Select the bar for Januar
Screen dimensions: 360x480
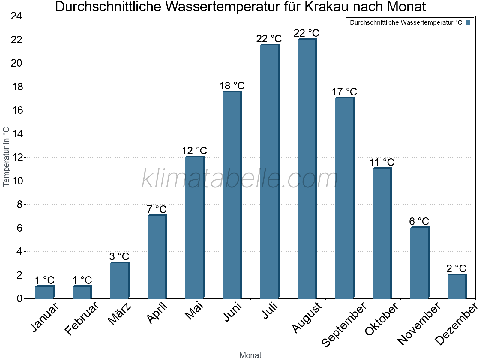click(44, 292)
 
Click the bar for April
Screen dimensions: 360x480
click(157, 257)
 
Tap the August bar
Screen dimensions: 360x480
click(307, 169)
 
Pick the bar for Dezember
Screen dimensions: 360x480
click(457, 286)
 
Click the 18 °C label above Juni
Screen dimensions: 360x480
click(232, 86)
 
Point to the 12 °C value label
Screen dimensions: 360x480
click(194, 151)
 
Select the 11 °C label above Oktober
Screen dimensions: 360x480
click(382, 163)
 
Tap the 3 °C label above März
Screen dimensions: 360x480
click(119, 257)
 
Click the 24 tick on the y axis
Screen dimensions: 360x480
click(16, 16)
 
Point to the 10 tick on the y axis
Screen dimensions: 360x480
click(16, 181)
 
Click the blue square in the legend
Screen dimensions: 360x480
click(469, 22)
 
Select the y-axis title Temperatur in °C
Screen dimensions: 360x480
click(6, 157)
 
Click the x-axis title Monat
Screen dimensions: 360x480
click(250, 355)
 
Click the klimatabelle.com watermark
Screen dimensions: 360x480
click(240, 179)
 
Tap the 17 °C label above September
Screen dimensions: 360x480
click(344, 92)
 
